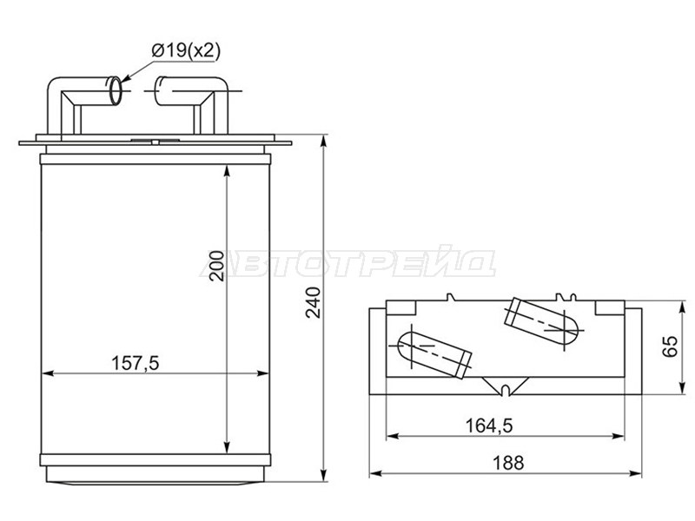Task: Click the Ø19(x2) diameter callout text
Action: point(186,51)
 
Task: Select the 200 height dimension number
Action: point(217,266)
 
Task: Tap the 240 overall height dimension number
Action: point(314,302)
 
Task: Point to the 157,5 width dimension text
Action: point(135,363)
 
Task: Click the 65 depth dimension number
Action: point(670,346)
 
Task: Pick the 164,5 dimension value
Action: point(489,425)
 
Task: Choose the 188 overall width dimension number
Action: point(508,463)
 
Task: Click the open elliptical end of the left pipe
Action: point(115,91)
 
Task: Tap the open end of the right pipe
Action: point(159,92)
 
